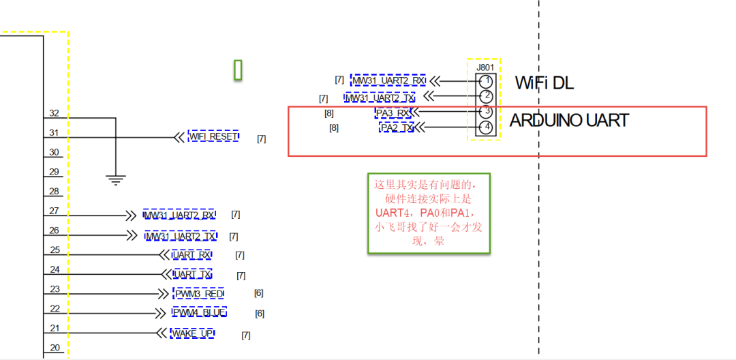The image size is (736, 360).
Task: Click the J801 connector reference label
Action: (485, 67)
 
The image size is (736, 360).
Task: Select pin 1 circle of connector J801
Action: (485, 81)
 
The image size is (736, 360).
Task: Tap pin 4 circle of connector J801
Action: (485, 127)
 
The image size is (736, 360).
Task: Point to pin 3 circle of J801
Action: (485, 111)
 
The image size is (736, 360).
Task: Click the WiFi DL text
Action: (544, 83)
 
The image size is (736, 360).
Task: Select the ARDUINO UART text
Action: (569, 121)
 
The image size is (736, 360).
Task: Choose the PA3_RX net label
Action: (394, 112)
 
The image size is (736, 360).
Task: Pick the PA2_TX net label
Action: (397, 127)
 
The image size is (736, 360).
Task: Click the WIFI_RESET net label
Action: (213, 136)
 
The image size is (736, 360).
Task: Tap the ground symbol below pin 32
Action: (116, 180)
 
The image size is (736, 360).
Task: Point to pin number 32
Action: (55, 113)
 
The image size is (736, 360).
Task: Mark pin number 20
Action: (55, 348)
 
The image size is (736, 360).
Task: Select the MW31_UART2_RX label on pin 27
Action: (179, 215)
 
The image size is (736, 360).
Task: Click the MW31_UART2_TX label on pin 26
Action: (181, 237)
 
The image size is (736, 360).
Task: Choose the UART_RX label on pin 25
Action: (191, 255)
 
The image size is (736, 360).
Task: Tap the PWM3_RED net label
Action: (199, 294)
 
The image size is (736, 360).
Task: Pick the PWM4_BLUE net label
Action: (199, 312)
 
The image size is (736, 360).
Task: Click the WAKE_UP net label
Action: (192, 333)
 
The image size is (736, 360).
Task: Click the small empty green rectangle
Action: (239, 70)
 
